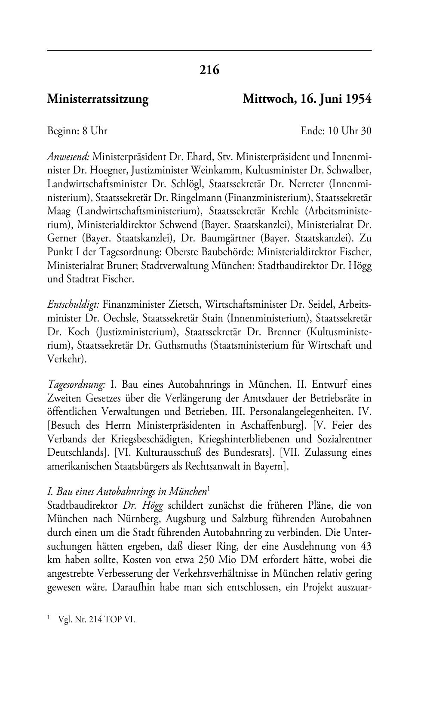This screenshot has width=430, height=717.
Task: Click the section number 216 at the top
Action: coord(209,70)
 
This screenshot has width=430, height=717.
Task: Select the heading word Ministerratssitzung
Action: coord(98,99)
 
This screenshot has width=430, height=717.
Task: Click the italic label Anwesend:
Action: coord(68,156)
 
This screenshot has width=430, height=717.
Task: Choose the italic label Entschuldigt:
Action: coord(74,305)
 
